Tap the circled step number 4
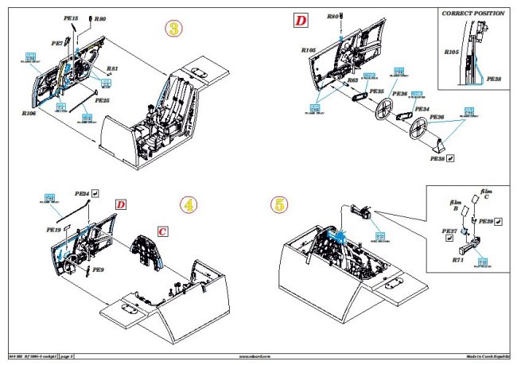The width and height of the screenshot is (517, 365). click(186, 204)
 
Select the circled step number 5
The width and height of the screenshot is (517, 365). click(281, 204)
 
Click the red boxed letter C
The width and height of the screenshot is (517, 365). click(162, 231)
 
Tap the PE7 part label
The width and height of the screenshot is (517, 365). click(57, 43)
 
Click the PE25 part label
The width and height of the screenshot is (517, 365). click(102, 101)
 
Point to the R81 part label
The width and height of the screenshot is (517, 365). click(113, 69)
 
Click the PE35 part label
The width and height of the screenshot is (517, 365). click(375, 91)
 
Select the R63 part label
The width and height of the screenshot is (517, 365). click(352, 80)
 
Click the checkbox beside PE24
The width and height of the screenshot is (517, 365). click(95, 192)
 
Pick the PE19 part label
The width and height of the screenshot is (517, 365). click(53, 229)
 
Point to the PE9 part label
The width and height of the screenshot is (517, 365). click(99, 270)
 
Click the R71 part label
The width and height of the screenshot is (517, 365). click(457, 260)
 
